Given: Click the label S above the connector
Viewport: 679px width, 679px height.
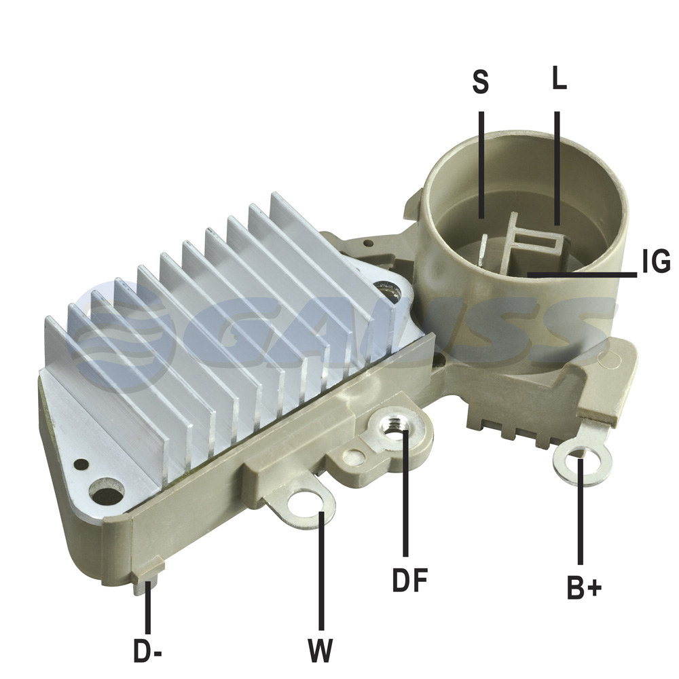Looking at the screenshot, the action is pyautogui.click(x=480, y=81).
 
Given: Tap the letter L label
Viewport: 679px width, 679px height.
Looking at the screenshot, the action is pyautogui.click(x=559, y=78).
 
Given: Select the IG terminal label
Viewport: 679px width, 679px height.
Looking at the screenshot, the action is pyautogui.click(x=656, y=261).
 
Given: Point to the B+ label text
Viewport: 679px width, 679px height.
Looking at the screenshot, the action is pyautogui.click(x=584, y=587).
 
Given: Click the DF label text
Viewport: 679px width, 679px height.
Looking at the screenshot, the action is pyautogui.click(x=409, y=580).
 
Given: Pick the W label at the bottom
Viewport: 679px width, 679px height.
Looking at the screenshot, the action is pyautogui.click(x=320, y=650).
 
